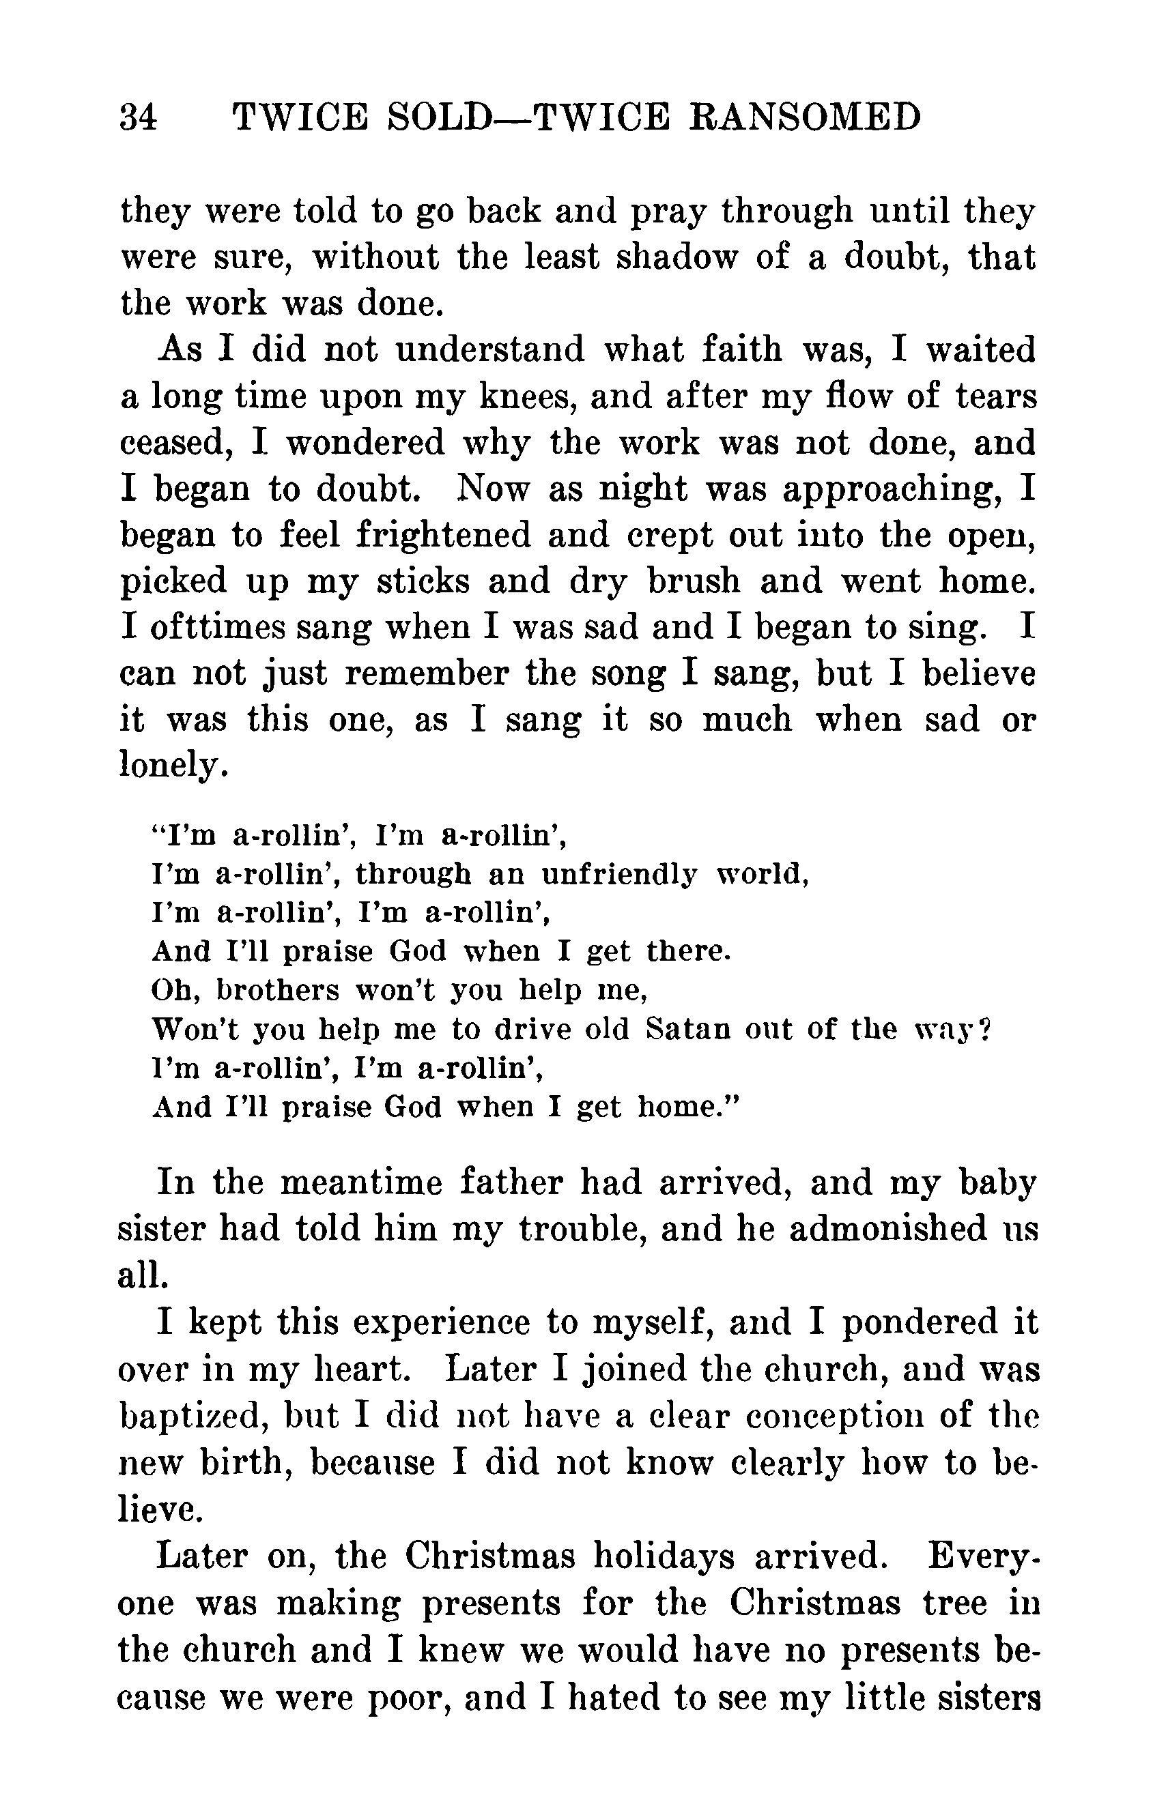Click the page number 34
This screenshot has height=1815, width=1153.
(139, 118)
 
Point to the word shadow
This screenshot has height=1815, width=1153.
(676, 258)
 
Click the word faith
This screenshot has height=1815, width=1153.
(742, 350)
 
